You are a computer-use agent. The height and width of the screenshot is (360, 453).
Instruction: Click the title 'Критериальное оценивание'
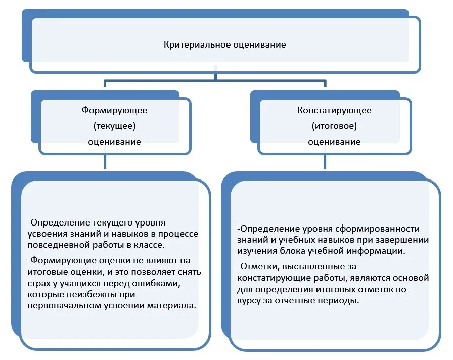225,45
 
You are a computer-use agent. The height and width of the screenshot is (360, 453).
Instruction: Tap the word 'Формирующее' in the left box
114,110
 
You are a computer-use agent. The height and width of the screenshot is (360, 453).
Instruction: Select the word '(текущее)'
114,126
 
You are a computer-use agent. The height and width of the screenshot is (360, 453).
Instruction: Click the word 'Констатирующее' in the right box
334,110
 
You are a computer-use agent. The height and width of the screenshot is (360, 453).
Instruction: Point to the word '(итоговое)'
334,126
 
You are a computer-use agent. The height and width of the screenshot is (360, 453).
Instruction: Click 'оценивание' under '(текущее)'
114,142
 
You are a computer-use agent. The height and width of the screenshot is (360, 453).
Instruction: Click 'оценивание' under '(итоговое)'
334,142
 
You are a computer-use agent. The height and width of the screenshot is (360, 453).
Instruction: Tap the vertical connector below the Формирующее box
105,161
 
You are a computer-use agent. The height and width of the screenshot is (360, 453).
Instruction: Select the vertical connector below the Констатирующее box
325,161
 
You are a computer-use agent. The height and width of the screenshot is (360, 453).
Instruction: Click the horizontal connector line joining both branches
215,81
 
